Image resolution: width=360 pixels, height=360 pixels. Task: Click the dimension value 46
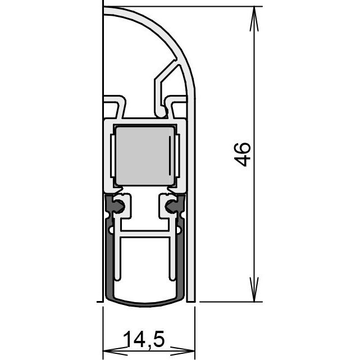tap(243, 154)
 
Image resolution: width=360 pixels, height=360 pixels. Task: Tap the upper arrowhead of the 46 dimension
tap(254, 19)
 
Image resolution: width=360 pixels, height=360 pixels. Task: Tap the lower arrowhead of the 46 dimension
tap(254, 289)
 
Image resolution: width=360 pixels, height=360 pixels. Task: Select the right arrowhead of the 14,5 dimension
tap(183, 350)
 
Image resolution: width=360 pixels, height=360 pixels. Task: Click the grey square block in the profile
tap(145, 156)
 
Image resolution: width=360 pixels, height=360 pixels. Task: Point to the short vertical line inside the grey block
tap(170, 155)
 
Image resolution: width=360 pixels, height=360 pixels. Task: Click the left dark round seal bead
tap(119, 206)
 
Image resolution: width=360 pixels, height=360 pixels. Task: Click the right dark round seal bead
tap(171, 206)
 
